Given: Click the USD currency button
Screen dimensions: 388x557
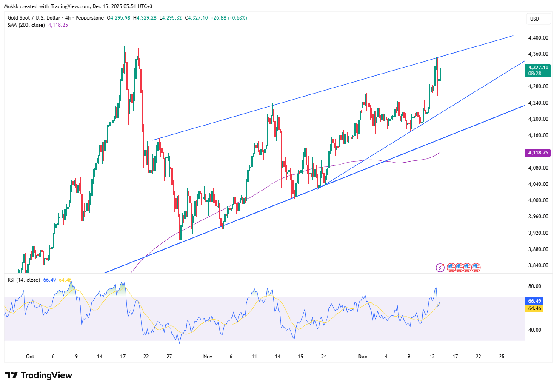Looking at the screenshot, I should coord(534,19).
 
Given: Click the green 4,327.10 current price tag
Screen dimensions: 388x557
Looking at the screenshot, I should coord(538,67).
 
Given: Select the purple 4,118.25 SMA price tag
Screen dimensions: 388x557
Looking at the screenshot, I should coord(538,152).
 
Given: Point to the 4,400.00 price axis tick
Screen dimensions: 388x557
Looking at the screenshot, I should coord(537,38).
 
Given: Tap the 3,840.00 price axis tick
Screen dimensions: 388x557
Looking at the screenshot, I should coord(537,265).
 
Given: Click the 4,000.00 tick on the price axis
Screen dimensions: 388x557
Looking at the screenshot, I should coord(537,200).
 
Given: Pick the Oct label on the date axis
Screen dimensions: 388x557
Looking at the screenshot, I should coord(29,356).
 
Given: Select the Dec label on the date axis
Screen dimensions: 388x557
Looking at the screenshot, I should coord(361,356).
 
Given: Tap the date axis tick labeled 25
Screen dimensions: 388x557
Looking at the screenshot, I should coord(501,356).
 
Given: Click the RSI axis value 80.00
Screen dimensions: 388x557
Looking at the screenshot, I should coord(534,286).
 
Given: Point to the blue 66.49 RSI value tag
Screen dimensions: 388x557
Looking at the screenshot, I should coord(534,300).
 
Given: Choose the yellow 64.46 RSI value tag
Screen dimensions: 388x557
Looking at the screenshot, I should coord(534,308).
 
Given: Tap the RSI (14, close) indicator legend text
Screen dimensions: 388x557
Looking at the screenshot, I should coord(24,280).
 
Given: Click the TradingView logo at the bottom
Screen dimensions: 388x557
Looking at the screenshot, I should coord(39,375).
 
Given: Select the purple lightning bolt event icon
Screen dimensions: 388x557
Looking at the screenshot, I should coord(440,268).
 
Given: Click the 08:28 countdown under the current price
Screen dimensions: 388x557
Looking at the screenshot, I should coord(534,74).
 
